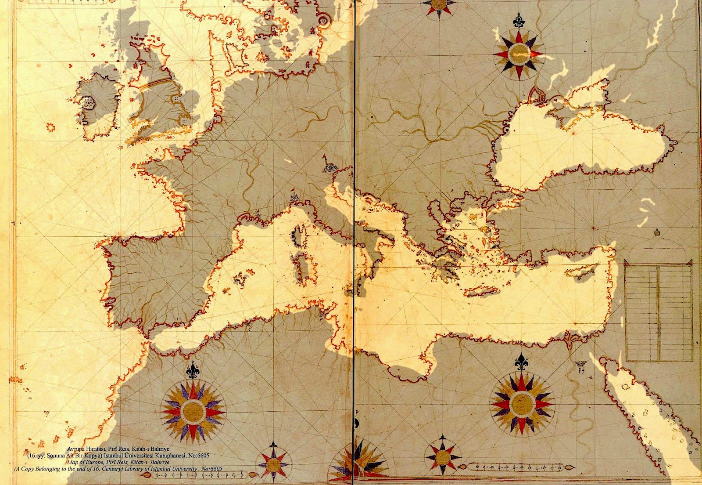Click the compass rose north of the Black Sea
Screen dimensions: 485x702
tap(518, 53)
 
